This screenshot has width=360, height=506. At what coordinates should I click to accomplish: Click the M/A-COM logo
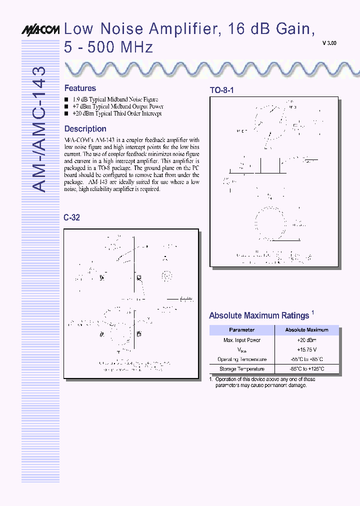(40, 30)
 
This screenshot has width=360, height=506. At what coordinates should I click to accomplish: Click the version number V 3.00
(329, 43)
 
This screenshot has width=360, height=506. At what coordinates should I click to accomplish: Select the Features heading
(80, 88)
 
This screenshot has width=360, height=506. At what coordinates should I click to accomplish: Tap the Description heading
(85, 128)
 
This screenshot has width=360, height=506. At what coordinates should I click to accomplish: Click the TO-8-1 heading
(221, 90)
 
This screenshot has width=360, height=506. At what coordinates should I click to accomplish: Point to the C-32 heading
(72, 218)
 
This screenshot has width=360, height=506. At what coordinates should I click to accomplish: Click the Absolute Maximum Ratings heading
(259, 315)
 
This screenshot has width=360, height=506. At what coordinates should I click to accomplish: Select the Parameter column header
(241, 330)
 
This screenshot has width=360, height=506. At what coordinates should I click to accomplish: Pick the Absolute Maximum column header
(306, 330)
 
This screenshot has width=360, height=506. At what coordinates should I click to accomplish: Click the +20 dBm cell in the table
(306, 340)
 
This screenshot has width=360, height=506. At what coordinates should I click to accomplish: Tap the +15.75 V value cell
(306, 349)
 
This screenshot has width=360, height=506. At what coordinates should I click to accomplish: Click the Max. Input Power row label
(241, 340)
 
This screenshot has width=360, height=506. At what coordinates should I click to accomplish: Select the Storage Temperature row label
(241, 369)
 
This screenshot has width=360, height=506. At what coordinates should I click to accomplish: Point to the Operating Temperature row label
(241, 359)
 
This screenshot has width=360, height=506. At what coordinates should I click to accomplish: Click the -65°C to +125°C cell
(306, 369)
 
